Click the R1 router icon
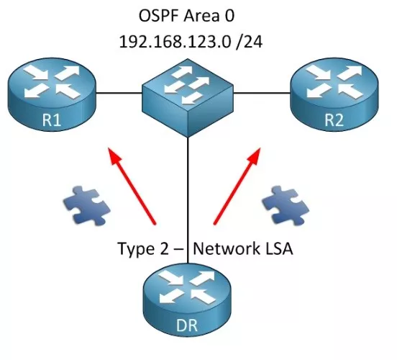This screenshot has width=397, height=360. [52, 94]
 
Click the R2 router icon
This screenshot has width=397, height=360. [334, 94]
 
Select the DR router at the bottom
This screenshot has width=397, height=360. [187, 300]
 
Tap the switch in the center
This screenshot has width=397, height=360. [188, 98]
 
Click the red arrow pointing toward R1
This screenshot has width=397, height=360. [132, 186]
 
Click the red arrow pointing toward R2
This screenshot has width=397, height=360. [237, 186]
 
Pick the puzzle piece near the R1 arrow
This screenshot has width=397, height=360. [87, 206]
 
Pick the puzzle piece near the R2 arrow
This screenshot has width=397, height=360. [286, 206]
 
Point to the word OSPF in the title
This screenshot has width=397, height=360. [159, 16]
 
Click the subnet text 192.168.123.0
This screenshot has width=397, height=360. [175, 42]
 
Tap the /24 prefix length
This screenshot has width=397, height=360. [249, 42]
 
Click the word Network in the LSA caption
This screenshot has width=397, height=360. [226, 248]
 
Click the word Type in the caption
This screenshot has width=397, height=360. [136, 249]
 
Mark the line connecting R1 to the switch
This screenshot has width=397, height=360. [119, 93]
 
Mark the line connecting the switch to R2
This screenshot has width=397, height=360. [262, 93]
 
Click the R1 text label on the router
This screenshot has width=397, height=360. [52, 120]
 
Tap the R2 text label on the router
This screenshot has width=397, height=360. [334, 120]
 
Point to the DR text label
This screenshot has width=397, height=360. [187, 325]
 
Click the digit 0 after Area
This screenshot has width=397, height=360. [229, 16]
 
